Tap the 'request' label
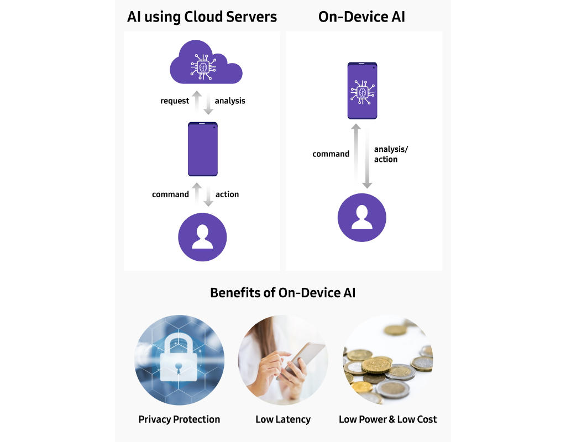pos(175,101)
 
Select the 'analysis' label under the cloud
pos(230,101)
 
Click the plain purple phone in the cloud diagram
pos(203,149)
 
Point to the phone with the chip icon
pos(362,91)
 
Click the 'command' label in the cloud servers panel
pos(170,194)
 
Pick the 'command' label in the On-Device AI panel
pos(331,154)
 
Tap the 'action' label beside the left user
pos(227,194)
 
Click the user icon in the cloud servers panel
pos(202,237)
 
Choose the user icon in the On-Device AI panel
pos(361,218)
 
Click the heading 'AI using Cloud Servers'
pos(202,17)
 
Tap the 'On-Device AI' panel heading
pos(361,17)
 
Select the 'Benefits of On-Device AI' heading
pos(282,293)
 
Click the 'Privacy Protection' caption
pos(179,419)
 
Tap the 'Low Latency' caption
pos(282,419)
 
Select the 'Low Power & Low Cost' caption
pos(387,419)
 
